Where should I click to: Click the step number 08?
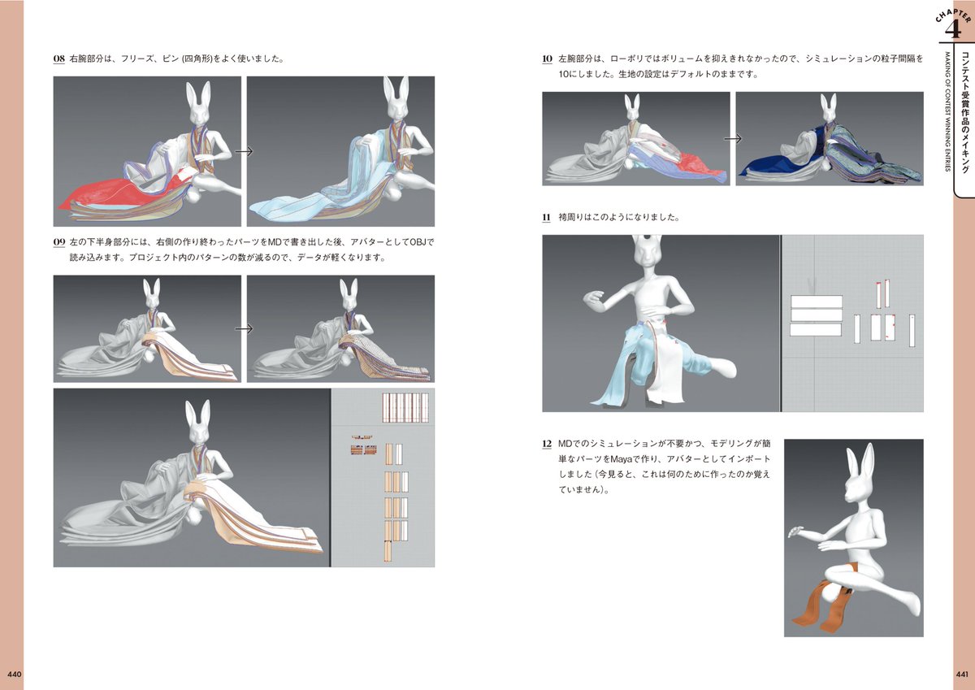(59, 59)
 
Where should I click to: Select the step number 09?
(59, 242)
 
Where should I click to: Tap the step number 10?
(548, 59)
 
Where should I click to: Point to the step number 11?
(548, 218)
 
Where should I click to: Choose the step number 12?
(548, 445)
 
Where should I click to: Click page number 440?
(14, 674)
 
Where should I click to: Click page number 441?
(961, 674)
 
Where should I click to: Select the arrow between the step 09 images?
(244, 328)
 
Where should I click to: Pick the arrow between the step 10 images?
(733, 138)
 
